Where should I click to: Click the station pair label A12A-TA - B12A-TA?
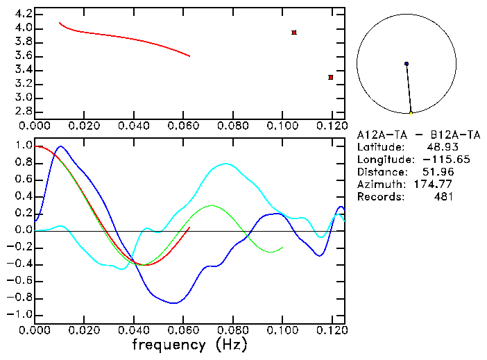(x=418, y=134)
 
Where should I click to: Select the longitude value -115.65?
(x=433, y=160)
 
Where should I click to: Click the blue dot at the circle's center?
(x=407, y=64)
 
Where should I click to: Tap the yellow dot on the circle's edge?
(x=411, y=112)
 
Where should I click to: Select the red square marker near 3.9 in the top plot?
(x=294, y=33)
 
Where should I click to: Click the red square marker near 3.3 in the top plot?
(x=331, y=77)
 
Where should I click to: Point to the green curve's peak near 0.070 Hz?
(x=211, y=206)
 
